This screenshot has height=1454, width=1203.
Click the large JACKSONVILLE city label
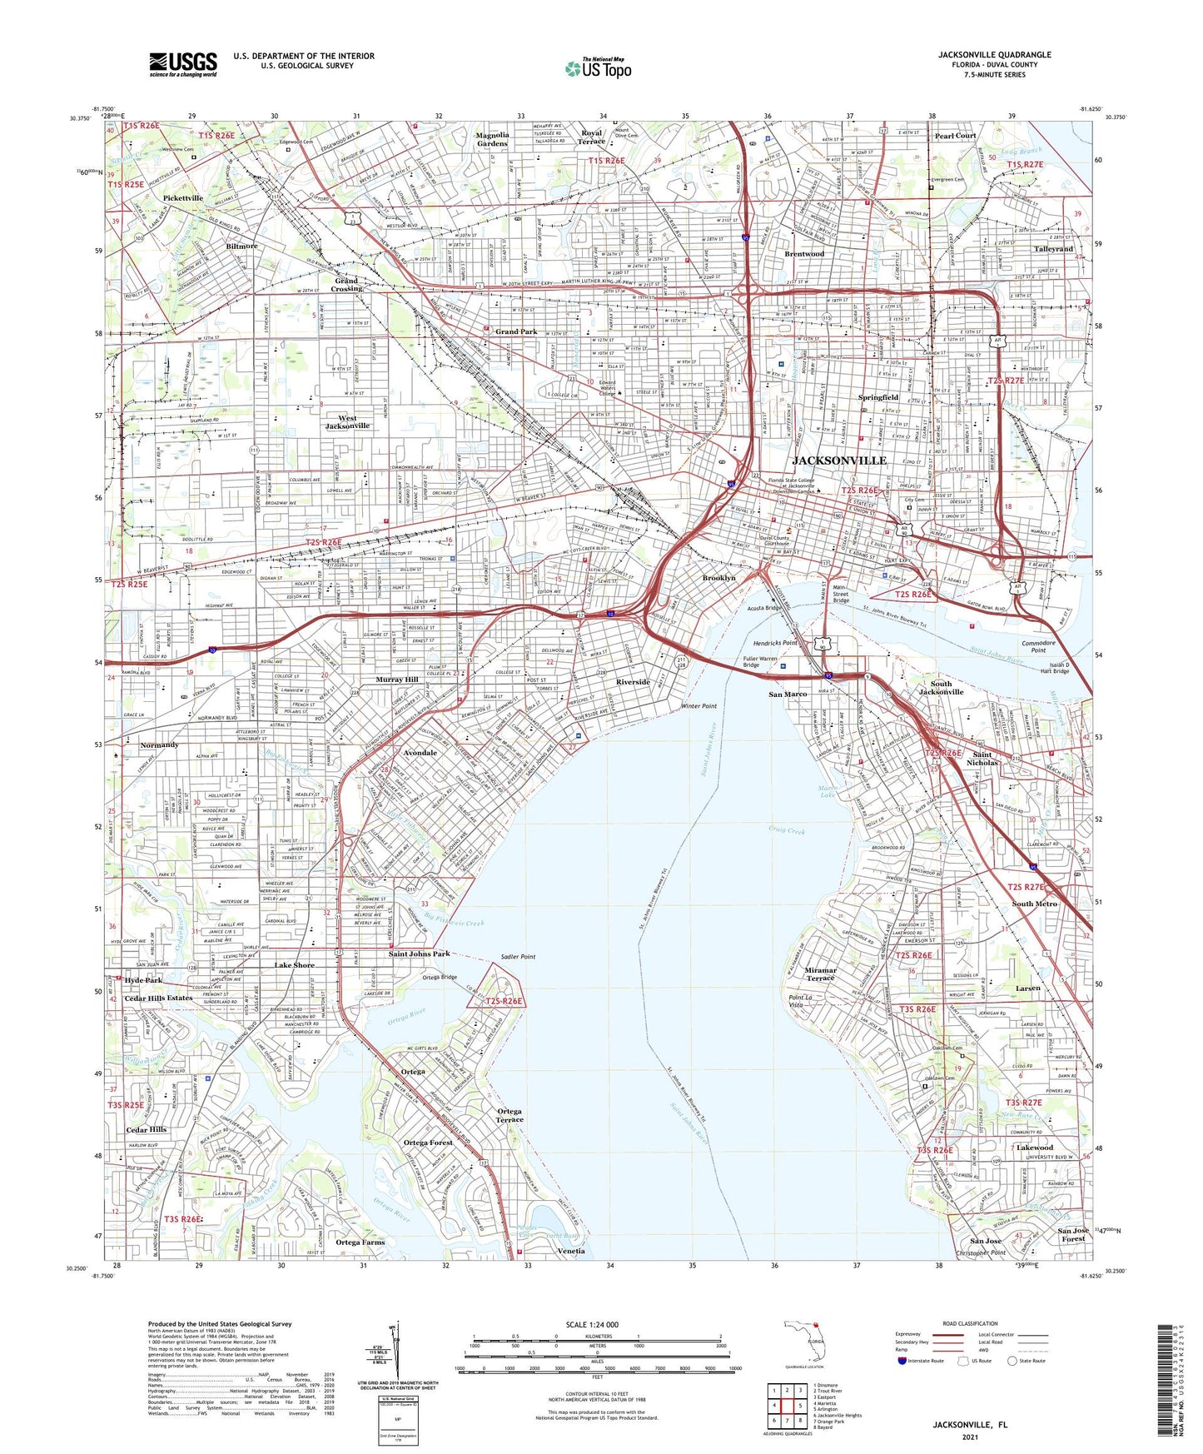(839, 461)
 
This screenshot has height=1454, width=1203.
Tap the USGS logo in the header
(183, 64)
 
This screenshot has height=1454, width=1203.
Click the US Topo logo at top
(599, 68)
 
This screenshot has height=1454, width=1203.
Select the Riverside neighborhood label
(633, 682)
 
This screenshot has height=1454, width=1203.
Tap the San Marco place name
(787, 694)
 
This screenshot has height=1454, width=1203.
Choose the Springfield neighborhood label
(878, 398)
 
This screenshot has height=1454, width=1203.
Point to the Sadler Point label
(518, 957)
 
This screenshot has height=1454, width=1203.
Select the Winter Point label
(698, 706)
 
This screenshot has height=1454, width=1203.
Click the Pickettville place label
(183, 198)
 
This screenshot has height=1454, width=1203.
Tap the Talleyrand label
(1053, 249)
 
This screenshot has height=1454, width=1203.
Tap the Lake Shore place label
(295, 965)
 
